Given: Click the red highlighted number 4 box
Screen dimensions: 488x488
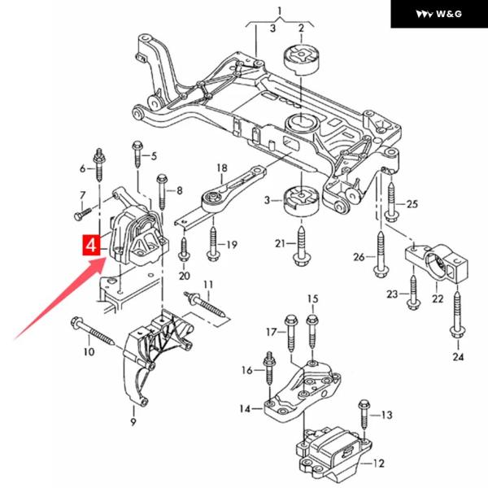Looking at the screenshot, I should [91, 245].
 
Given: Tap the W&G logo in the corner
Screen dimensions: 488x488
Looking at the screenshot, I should [438, 13].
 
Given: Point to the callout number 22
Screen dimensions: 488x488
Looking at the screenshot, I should [438, 298].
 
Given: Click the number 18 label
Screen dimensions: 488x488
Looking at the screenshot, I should [221, 168].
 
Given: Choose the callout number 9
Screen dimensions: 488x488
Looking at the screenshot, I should [133, 423].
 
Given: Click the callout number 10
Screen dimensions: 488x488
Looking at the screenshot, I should [87, 351].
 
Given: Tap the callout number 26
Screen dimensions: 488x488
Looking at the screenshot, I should [359, 258].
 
